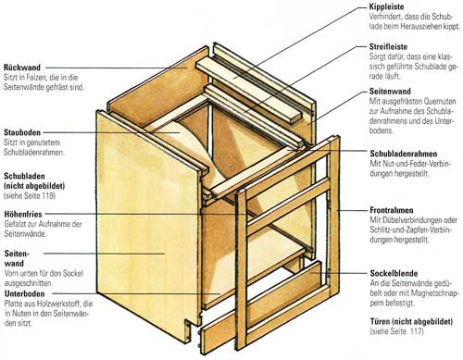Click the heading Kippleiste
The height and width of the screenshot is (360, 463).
(386, 6)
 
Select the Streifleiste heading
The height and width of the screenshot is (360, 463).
(388, 47)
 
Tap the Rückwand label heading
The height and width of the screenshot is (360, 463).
(22, 68)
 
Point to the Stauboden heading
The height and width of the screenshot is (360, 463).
(22, 132)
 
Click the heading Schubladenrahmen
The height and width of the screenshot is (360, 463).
(404, 154)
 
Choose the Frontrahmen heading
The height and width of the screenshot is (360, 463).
(392, 210)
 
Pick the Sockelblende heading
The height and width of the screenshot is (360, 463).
(394, 273)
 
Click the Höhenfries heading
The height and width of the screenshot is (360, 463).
(23, 214)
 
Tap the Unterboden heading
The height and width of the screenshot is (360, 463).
(24, 293)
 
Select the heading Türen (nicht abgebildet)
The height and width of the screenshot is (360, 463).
(411, 322)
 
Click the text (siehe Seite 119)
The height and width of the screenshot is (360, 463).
(30, 195)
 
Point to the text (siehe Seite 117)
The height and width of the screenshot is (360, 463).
(396, 331)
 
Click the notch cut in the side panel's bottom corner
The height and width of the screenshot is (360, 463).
(189, 327)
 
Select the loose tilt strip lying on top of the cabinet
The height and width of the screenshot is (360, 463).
(248, 91)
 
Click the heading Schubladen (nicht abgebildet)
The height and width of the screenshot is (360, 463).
(34, 181)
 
